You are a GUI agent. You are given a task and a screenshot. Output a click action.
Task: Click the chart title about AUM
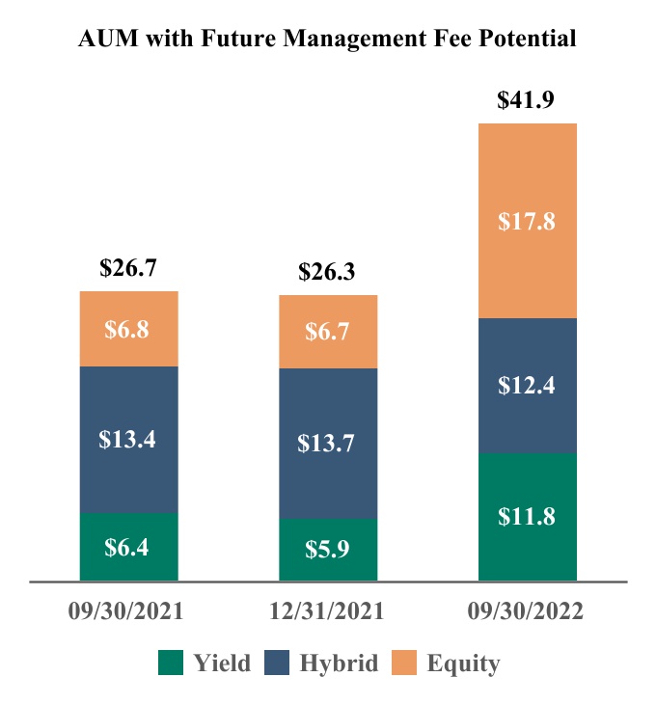pyautogui.click(x=328, y=39)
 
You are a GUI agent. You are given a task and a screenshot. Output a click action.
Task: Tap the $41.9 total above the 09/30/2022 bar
pyautogui.click(x=528, y=100)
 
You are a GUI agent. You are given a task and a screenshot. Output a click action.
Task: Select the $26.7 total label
pyautogui.click(x=128, y=268)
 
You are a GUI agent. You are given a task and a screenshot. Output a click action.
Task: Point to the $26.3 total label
pyautogui.click(x=328, y=272)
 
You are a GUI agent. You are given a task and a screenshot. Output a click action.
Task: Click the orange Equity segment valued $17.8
pyautogui.click(x=528, y=221)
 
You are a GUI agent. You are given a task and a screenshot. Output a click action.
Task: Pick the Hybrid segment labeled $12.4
pyautogui.click(x=528, y=386)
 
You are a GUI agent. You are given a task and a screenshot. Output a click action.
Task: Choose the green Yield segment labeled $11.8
pyautogui.click(x=528, y=517)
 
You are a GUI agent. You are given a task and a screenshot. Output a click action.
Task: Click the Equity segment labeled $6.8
pyautogui.click(x=128, y=329)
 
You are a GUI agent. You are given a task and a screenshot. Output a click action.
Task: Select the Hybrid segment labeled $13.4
pyautogui.click(x=128, y=439)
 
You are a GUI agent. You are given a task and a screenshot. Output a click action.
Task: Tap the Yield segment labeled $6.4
pyautogui.click(x=128, y=547)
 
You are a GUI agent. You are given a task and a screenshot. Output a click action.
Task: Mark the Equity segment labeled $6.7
pyautogui.click(x=328, y=332)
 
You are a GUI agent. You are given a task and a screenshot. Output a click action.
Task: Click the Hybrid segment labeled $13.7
pyautogui.click(x=328, y=444)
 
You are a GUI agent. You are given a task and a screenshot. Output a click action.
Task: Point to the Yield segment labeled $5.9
pyautogui.click(x=328, y=551)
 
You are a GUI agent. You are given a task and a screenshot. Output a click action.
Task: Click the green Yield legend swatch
pyautogui.click(x=172, y=663)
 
